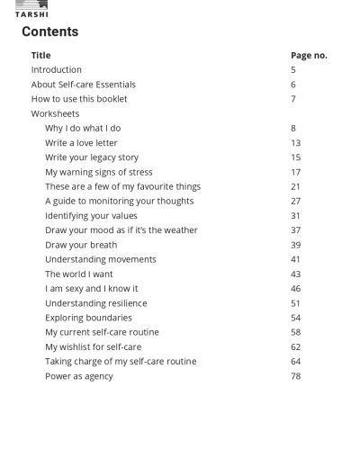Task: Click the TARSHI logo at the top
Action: [31, 9]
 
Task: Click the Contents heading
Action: [50, 31]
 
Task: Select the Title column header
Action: [41, 55]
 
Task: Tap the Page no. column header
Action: [309, 55]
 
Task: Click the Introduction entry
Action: [57, 69]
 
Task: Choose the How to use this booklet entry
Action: [79, 99]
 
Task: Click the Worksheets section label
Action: [56, 114]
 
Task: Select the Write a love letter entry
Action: [81, 143]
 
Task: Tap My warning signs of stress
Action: [99, 172]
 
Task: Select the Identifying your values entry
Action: [91, 216]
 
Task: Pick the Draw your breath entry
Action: [81, 245]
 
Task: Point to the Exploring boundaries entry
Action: [88, 318]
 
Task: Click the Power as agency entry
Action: [79, 376]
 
